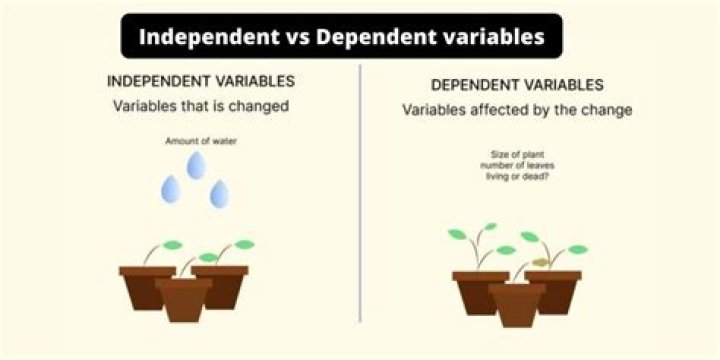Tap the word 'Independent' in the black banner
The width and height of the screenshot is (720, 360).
tap(199, 38)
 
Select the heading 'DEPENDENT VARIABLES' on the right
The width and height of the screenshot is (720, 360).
tap(517, 86)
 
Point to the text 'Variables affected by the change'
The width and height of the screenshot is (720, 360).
tap(517, 110)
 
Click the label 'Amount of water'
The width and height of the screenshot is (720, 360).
tap(196, 142)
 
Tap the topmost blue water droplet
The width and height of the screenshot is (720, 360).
tap(197, 164)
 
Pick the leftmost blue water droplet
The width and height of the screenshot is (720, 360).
tap(173, 188)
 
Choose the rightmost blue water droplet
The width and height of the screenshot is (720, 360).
tap(219, 194)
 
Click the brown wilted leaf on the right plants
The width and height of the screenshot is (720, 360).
tap(540, 262)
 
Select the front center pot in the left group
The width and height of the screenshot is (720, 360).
tap(185, 299)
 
